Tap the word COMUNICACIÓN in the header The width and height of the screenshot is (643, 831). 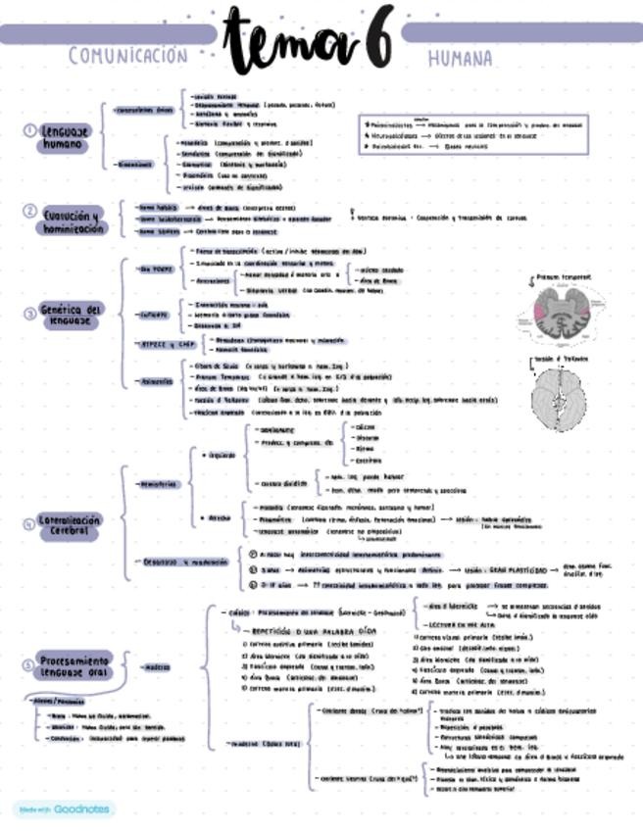click(x=127, y=56)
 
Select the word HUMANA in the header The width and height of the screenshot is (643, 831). click(x=460, y=59)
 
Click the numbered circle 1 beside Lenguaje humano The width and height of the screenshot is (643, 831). click(x=29, y=130)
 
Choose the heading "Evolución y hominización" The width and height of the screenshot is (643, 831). click(x=72, y=220)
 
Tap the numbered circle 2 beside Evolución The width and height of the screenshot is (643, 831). click(x=29, y=211)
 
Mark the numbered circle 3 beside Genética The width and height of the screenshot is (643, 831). click(x=29, y=314)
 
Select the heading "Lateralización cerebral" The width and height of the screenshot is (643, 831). click(x=70, y=525)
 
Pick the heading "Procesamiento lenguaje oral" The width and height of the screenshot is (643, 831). click(x=76, y=666)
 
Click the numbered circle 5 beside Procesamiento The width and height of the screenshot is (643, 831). click(x=28, y=664)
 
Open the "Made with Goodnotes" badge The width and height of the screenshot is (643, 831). click(x=65, y=810)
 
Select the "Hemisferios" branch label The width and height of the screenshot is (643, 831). click(x=159, y=484)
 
